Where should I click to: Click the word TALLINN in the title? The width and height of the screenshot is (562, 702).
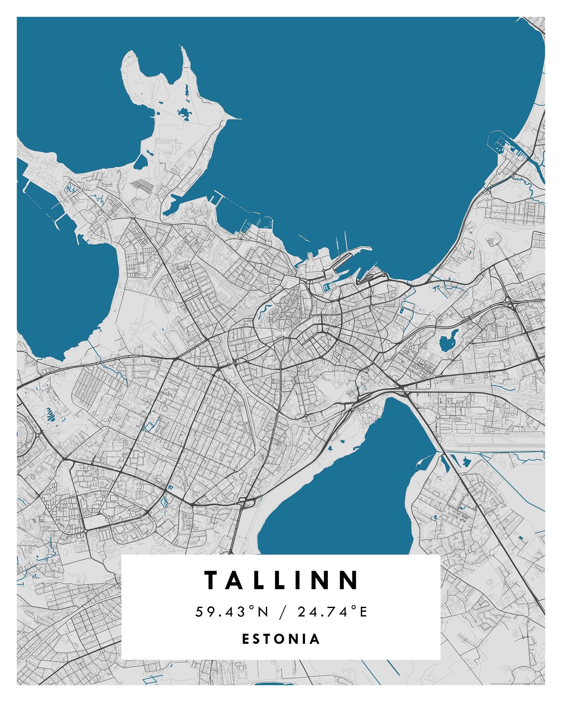(281, 580)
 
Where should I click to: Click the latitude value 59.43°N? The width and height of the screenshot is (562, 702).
(232, 611)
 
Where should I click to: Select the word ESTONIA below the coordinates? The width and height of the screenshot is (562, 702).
(281, 639)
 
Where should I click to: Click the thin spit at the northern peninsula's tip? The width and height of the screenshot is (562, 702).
(234, 118)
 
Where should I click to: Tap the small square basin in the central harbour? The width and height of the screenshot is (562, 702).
(326, 288)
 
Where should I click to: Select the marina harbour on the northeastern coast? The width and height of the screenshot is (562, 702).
(509, 147)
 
